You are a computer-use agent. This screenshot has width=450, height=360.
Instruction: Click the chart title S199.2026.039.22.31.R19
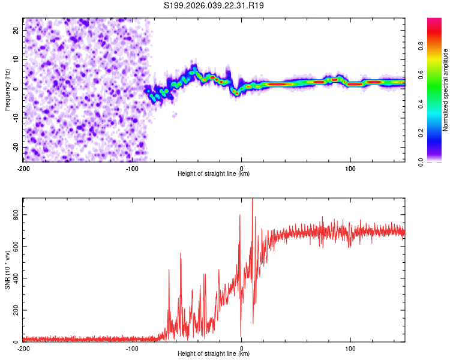(214, 5)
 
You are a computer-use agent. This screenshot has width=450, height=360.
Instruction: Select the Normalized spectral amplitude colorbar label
(445, 90)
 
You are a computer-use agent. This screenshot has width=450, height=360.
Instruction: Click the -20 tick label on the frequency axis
(16, 147)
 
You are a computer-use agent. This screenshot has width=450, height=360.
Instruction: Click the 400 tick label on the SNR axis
(14, 278)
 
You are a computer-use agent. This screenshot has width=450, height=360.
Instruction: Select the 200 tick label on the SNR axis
(14, 310)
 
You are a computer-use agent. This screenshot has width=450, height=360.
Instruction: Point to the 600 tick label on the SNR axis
(14, 246)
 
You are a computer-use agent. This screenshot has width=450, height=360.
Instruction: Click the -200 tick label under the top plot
(23, 167)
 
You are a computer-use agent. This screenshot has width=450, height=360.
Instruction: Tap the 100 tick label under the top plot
(350, 167)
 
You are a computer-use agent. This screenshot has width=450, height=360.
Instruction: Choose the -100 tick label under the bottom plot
(132, 348)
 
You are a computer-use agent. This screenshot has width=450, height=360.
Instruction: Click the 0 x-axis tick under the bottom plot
(241, 348)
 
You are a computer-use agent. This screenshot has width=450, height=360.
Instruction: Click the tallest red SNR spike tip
(252, 199)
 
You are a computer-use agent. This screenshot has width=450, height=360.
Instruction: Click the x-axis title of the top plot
(214, 174)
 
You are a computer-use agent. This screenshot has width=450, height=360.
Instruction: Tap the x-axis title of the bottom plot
(214, 354)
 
